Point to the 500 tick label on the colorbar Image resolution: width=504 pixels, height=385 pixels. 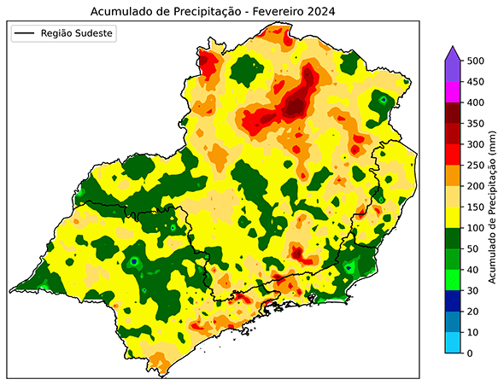point(474,61)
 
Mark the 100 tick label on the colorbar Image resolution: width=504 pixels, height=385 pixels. point(474,228)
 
